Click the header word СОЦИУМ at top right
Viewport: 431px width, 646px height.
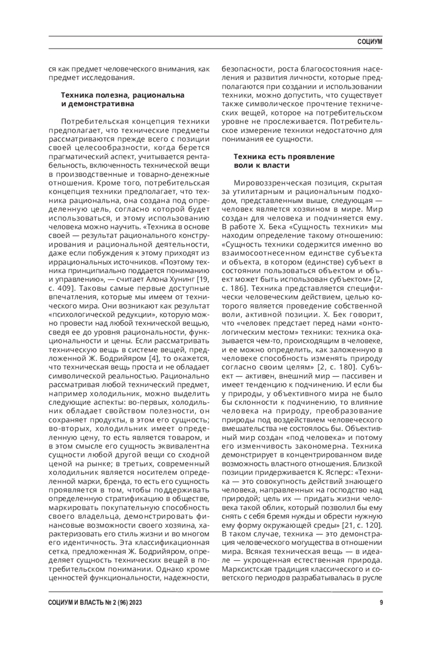click(x=370, y=42)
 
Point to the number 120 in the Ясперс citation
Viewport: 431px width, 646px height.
click(x=367, y=525)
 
